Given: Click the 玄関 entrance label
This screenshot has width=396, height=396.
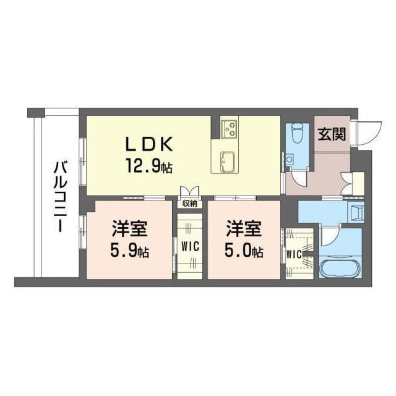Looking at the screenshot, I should point(332,134).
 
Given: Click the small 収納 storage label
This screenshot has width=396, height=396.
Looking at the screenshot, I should point(190,202).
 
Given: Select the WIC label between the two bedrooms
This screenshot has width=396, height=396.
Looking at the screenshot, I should point(189,245).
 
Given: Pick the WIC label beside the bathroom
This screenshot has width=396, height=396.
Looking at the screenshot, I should point(295,254).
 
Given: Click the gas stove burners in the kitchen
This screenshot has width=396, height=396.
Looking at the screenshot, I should point(230,129).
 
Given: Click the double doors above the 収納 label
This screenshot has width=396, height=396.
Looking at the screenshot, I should point(189,191).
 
